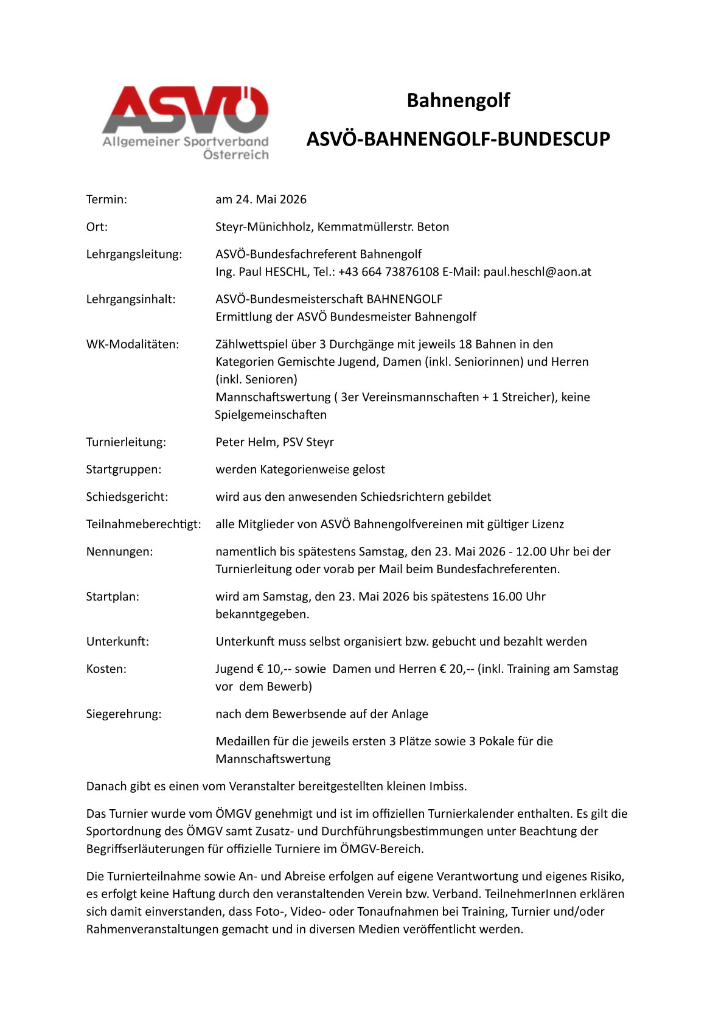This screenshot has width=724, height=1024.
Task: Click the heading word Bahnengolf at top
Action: (x=458, y=100)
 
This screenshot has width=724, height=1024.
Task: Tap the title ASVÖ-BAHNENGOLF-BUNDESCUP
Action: (x=458, y=139)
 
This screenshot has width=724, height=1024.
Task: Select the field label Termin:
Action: (x=106, y=200)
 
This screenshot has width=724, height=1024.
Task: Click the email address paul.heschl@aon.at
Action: (x=537, y=272)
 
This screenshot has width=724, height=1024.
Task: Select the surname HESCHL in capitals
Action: (x=286, y=272)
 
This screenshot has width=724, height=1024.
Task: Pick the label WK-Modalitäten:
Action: (x=133, y=344)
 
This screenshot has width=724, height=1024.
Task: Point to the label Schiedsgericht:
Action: (x=127, y=497)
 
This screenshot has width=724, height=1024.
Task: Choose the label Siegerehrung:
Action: (x=124, y=714)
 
